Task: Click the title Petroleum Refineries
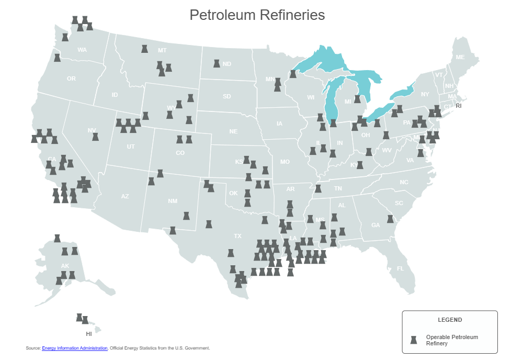point(257,15)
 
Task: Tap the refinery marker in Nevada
point(95,137)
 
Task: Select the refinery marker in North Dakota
point(216,63)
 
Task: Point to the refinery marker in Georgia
point(390,219)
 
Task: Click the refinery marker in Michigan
point(357,99)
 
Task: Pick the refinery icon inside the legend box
point(413,340)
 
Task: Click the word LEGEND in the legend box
point(450,319)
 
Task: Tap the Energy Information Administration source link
point(75,347)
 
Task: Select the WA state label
point(82,50)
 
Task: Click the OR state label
point(71,79)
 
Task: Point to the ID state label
point(115,95)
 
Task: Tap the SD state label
point(226,96)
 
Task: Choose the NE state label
point(233,131)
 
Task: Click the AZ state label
point(124,196)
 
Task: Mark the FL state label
point(400,268)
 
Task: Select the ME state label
point(460,57)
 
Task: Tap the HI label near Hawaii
point(89,333)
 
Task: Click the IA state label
point(279,124)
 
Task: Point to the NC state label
point(404,182)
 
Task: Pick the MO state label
point(285,162)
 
